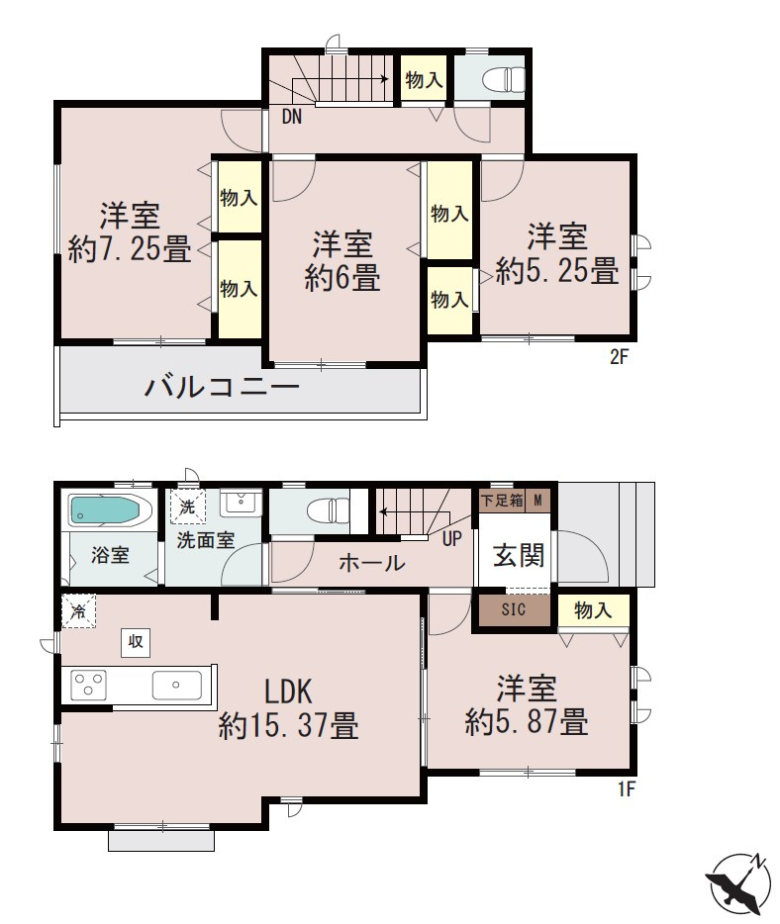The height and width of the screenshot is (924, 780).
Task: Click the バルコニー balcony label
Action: [x=222, y=387]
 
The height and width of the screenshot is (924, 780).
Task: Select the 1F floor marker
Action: [x=624, y=789]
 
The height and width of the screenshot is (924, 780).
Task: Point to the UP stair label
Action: [x=452, y=539]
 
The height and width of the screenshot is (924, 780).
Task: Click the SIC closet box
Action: [x=513, y=609]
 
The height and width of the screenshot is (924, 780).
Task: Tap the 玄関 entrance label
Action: [x=519, y=556]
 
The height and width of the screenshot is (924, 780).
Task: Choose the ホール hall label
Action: [x=371, y=563]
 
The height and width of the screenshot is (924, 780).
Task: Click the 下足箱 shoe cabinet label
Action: [x=501, y=501]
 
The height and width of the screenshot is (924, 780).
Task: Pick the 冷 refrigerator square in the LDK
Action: [x=77, y=610]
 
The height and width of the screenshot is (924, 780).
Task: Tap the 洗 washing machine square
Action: [x=187, y=507]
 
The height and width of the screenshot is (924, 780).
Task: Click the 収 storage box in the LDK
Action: [x=136, y=642]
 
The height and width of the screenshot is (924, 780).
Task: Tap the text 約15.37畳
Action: [x=288, y=727]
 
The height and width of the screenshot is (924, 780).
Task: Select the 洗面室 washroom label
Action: [x=206, y=541]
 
